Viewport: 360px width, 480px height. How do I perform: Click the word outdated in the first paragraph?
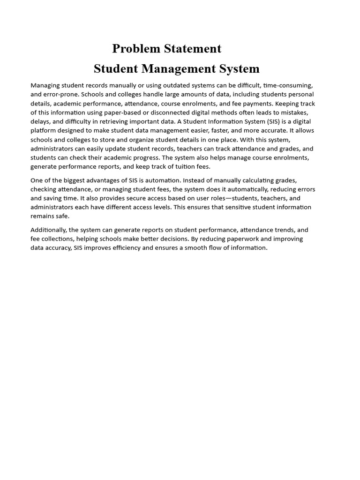[x=160, y=85]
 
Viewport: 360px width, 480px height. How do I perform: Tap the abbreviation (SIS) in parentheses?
[x=276, y=121]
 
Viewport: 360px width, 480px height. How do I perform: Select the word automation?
[x=160, y=180]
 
